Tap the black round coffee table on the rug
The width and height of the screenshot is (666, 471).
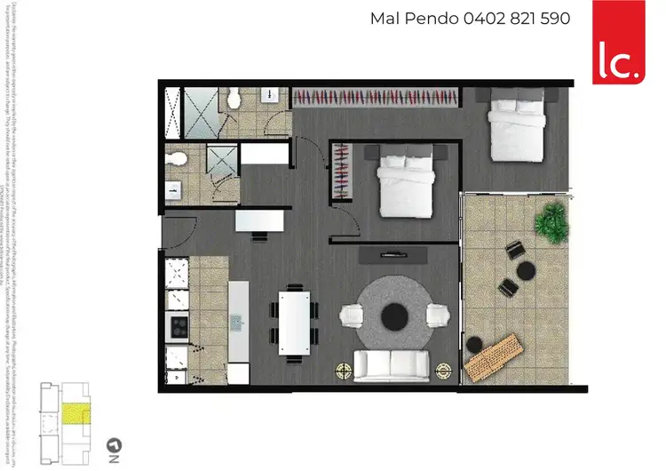point(394,315)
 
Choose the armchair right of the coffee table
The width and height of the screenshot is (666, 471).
point(436,315)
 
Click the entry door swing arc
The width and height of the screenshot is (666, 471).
point(178,233)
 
